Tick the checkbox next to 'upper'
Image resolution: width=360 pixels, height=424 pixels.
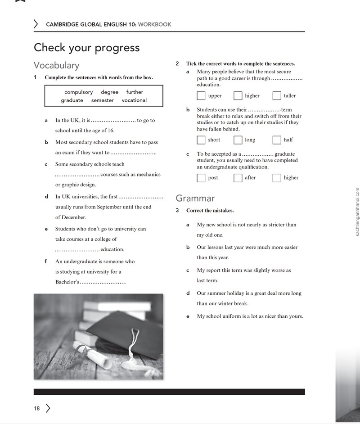pyautogui.click(x=201, y=95)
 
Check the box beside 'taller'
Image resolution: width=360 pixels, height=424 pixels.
pyautogui.click(x=277, y=95)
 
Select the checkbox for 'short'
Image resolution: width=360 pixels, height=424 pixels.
pyautogui.click(x=201, y=140)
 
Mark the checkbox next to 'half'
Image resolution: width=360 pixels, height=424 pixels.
pyautogui.click(x=277, y=140)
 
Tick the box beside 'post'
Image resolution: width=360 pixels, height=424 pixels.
pyautogui.click(x=201, y=178)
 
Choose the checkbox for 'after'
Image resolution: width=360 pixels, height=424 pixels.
pyautogui.click(x=238, y=178)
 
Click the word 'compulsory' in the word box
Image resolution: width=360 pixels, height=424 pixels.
pyautogui.click(x=79, y=92)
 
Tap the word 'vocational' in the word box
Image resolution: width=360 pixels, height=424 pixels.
pyautogui.click(x=134, y=100)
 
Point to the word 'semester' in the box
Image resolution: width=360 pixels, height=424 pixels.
pyautogui.click(x=103, y=100)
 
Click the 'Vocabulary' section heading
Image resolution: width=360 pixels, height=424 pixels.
pyautogui.click(x=57, y=65)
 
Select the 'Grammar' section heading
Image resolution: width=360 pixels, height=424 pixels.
pyautogui.click(x=195, y=198)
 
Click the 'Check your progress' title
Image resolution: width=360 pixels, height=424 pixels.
pyautogui.click(x=87, y=48)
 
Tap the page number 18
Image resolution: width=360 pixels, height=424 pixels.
pyautogui.click(x=37, y=408)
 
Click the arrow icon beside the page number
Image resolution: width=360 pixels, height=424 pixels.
pyautogui.click(x=48, y=408)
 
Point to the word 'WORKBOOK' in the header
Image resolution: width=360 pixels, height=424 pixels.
pyautogui.click(x=155, y=24)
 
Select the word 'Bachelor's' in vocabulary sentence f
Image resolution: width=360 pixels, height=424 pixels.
pyautogui.click(x=67, y=282)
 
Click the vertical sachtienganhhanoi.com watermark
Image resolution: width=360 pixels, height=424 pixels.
pyautogui.click(x=357, y=212)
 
